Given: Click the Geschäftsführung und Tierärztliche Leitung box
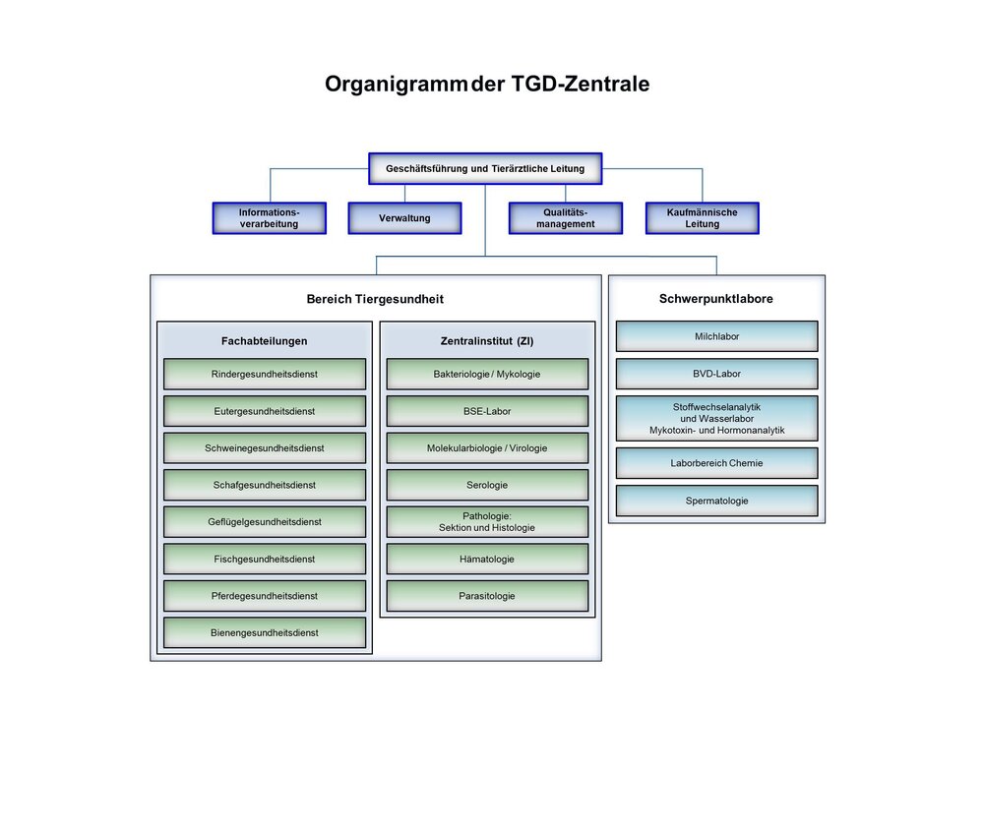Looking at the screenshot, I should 484,168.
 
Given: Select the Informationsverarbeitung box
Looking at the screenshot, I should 269,217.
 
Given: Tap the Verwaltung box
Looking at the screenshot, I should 404,217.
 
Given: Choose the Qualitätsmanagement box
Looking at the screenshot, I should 565,217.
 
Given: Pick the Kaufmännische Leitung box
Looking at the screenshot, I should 702,217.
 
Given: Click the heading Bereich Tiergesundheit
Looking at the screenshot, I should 375,299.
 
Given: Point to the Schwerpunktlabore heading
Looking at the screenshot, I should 715,299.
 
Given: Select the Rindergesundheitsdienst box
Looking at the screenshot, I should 264,374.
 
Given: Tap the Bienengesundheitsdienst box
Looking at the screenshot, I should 264,632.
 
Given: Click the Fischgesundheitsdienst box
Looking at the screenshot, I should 264,559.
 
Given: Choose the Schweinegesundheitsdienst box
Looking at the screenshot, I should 264,447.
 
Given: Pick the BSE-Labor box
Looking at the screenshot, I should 486,411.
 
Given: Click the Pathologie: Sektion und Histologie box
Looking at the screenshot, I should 486,521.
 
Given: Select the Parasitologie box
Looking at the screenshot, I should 486,595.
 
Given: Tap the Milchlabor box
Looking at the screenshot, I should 716,336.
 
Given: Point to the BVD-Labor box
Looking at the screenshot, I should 716,374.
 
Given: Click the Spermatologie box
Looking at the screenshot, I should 716,501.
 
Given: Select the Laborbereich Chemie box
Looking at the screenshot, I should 716,462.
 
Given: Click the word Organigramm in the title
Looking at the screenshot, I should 396,85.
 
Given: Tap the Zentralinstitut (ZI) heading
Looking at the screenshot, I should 486,341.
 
